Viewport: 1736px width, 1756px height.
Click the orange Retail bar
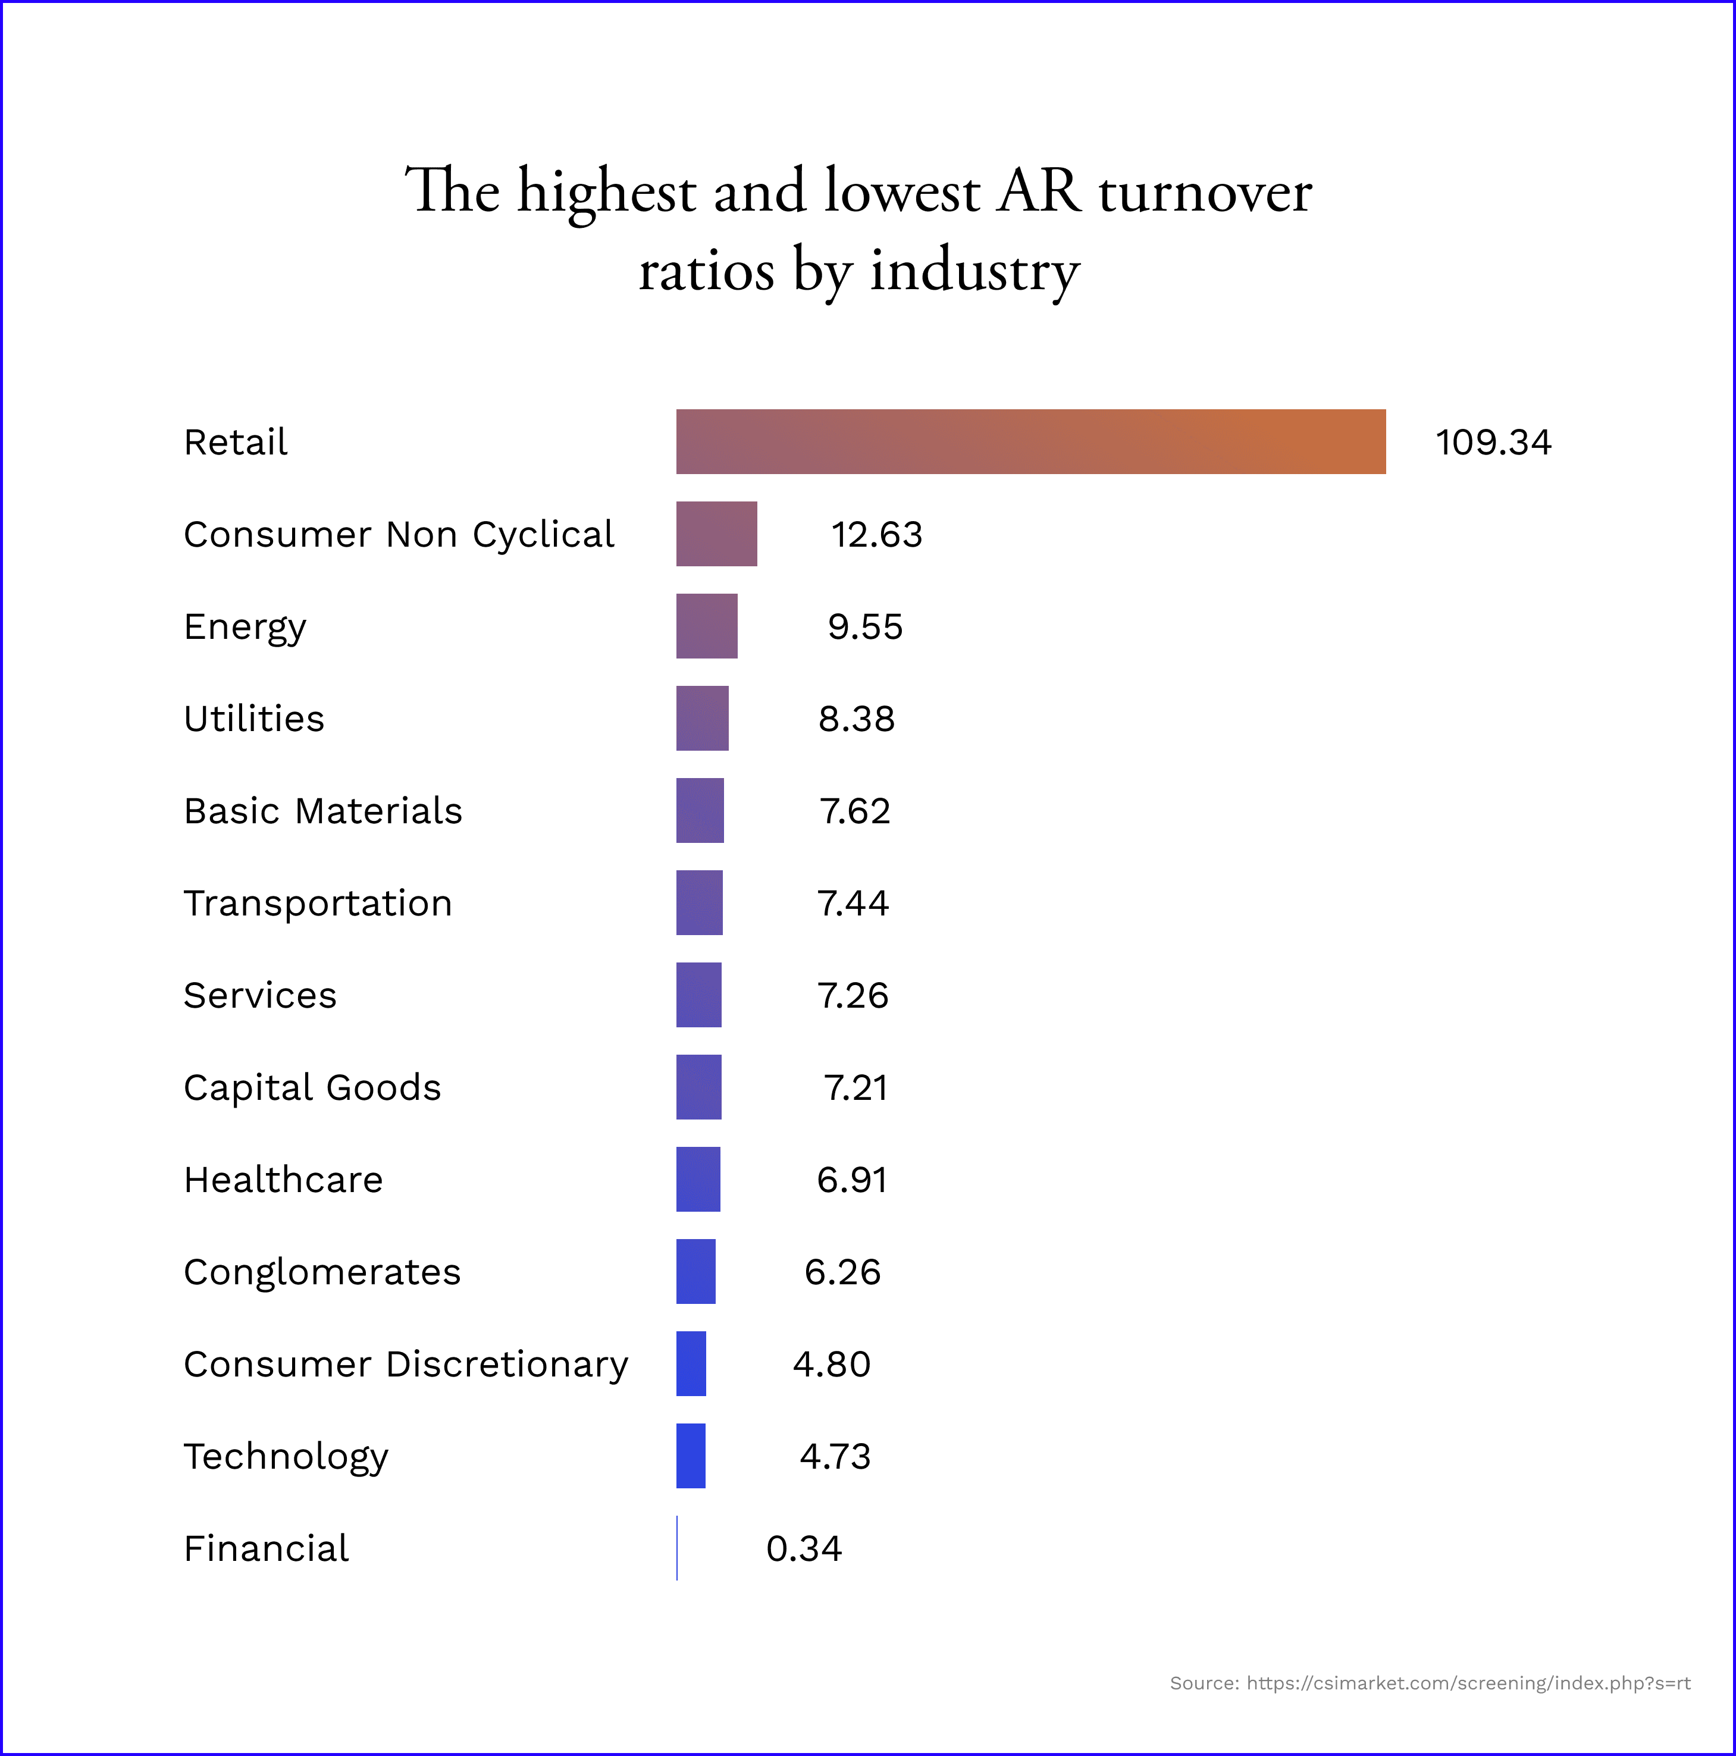click(1030, 442)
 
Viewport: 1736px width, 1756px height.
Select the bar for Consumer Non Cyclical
click(716, 534)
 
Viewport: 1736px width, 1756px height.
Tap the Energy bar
click(706, 626)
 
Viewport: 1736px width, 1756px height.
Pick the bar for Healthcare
click(698, 1179)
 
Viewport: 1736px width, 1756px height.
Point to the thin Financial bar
click(677, 1548)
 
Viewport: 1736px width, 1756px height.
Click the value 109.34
click(1493, 443)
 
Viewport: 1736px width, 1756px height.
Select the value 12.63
click(876, 534)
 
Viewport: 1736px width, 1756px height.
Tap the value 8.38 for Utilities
click(856, 719)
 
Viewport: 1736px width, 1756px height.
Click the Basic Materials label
click(322, 811)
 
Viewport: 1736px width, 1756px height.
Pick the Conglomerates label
click(322, 1272)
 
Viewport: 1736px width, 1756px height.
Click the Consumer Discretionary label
click(405, 1364)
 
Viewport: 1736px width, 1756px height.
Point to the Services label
click(260, 995)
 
